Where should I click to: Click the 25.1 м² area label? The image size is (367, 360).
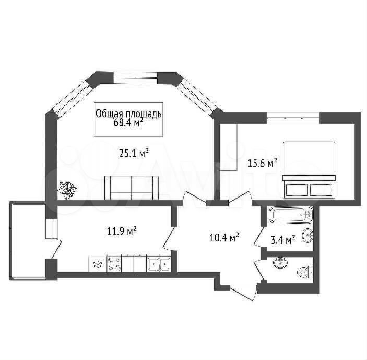(134, 153)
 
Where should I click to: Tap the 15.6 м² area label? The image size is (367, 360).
(263, 163)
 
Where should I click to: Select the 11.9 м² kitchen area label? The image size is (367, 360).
(122, 231)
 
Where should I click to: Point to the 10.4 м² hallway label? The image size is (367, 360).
(224, 237)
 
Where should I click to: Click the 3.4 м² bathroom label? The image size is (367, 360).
(283, 240)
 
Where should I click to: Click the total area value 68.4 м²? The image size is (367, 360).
(128, 123)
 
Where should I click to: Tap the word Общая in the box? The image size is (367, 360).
(109, 114)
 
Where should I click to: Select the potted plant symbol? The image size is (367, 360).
(67, 190)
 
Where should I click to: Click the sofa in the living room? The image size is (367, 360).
(132, 188)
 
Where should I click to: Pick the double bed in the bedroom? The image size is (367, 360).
(310, 170)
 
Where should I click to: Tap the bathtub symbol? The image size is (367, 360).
(291, 215)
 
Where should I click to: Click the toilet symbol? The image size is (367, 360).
(305, 272)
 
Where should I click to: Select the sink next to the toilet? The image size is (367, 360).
(280, 263)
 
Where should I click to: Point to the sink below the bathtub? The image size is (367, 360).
(307, 236)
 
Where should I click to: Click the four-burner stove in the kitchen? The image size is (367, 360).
(114, 264)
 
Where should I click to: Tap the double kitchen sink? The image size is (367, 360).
(159, 264)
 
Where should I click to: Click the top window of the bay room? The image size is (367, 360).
(135, 77)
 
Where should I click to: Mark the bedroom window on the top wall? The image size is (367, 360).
(293, 118)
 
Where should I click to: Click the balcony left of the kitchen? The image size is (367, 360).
(28, 240)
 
